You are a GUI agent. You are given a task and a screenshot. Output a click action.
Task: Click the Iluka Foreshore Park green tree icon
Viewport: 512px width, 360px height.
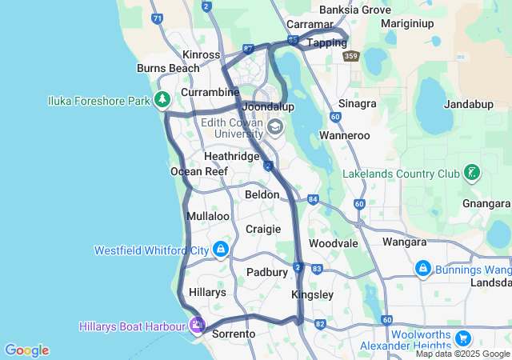point(163,100)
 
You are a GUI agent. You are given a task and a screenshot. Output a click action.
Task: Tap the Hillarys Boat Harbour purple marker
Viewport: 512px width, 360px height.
point(196,326)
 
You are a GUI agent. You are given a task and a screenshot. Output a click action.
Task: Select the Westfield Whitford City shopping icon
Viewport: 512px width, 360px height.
point(221,250)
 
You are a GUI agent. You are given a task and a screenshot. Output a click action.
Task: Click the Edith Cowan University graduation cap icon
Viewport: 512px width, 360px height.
point(275,127)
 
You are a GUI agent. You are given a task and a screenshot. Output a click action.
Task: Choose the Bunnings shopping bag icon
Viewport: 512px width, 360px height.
point(422,270)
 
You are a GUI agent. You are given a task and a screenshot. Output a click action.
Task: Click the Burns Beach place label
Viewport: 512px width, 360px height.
point(168,69)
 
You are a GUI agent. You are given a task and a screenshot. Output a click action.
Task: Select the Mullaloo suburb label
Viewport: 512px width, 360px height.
point(208,217)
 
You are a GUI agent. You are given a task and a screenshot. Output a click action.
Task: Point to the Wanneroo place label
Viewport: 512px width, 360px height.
point(345,136)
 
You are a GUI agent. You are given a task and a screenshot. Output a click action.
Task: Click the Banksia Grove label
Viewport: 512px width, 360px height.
point(354,10)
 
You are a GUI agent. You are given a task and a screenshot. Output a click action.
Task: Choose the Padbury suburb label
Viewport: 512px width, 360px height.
point(267,272)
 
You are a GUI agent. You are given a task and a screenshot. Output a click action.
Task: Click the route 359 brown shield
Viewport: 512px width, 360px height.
point(351,56)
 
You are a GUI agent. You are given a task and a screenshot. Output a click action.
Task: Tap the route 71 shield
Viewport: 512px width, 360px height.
point(157,18)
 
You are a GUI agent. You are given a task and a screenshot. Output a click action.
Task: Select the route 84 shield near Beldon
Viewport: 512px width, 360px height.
point(312,198)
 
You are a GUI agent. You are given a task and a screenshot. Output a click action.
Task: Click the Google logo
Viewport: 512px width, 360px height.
point(26,350)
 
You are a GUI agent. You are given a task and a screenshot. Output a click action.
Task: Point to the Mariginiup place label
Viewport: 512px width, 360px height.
point(406,23)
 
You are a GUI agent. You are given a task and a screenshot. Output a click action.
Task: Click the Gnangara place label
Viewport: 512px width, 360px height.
point(486,203)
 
